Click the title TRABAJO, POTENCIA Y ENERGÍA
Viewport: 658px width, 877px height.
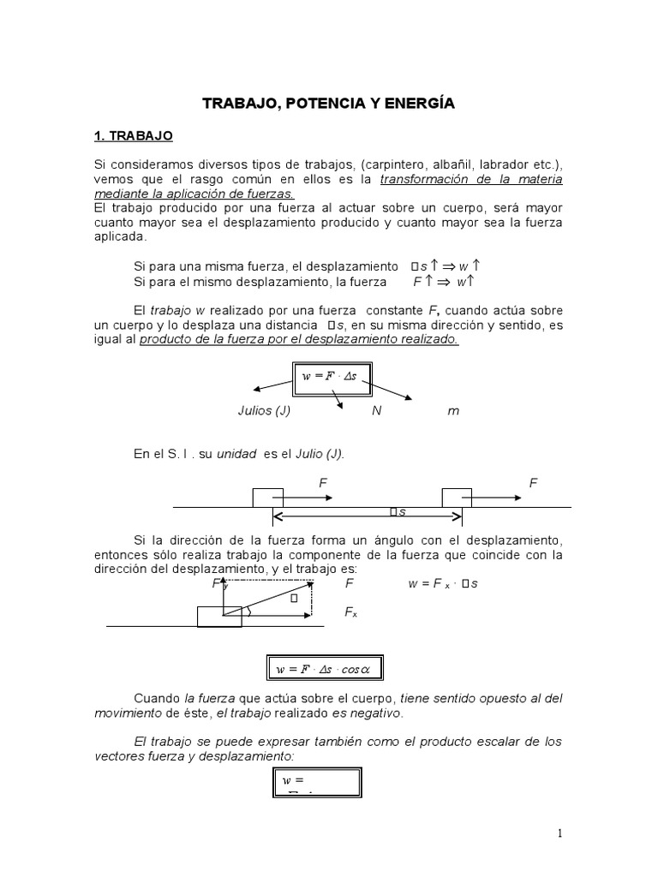point(329,104)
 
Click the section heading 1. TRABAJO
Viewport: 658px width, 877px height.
point(133,135)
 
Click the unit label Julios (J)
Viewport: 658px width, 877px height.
point(264,410)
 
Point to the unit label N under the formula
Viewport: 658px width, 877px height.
point(376,410)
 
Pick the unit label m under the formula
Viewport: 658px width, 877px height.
point(453,410)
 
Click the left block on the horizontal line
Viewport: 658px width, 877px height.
point(267,498)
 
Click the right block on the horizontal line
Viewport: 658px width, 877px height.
point(456,498)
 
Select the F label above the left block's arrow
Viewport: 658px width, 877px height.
point(323,483)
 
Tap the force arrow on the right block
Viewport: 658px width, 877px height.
point(497,497)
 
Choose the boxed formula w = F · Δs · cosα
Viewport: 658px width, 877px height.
point(324,668)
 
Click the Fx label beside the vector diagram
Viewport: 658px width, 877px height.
point(350,612)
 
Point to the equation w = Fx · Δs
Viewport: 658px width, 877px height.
point(443,584)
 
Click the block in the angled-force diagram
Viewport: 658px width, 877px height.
point(219,616)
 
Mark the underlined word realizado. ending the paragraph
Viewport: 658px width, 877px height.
point(429,339)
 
